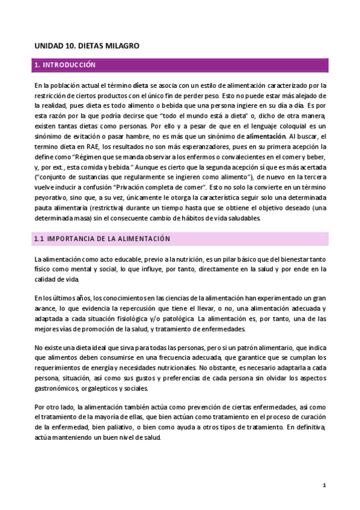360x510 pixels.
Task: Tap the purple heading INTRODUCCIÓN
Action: (x=70, y=64)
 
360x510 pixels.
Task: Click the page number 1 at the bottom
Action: (x=324, y=485)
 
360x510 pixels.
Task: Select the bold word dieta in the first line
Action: (x=140, y=85)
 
